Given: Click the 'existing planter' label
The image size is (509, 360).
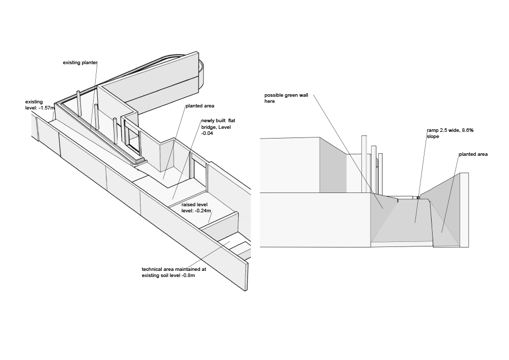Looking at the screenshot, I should coord(80,63).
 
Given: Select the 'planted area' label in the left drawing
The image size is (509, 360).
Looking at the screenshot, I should coord(200,106).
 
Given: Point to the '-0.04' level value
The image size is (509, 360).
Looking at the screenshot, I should coord(208,133).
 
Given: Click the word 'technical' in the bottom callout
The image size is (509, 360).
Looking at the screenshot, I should coord(152,269).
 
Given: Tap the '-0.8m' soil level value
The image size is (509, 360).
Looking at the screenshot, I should coord(188,275).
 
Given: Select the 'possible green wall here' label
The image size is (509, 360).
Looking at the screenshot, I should coord(286,98).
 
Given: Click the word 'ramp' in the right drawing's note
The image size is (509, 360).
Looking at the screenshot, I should coord(432,130).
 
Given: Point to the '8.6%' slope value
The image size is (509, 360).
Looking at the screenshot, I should coord(467,130).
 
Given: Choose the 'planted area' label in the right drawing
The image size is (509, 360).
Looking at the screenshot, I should coord(473,154).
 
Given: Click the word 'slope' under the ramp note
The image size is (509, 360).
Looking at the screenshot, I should coord(433,136).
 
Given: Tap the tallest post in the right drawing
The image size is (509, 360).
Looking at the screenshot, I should coord(364,163).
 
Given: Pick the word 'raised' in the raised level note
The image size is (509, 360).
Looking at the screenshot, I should coord(188,204).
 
